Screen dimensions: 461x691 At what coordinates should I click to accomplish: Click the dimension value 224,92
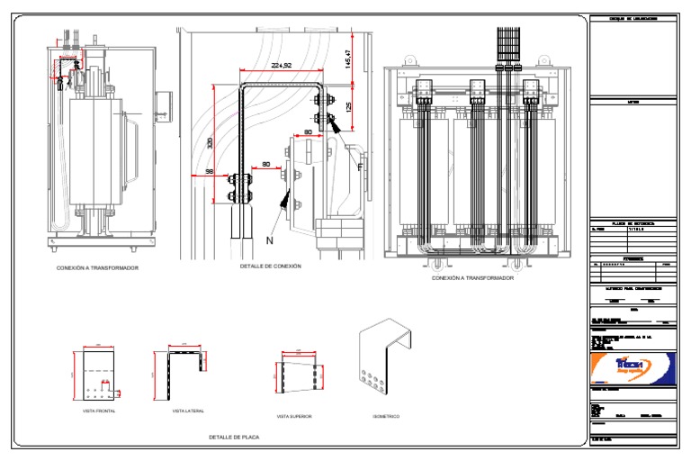(x=282, y=65)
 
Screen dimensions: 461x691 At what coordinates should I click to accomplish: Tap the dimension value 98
(x=210, y=171)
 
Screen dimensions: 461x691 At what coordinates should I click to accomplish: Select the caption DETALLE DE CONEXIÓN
(x=271, y=267)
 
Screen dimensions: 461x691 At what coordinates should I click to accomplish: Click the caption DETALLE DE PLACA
(x=234, y=437)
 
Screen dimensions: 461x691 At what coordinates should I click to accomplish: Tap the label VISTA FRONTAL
(x=99, y=411)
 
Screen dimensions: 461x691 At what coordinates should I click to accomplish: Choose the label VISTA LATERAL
(x=188, y=411)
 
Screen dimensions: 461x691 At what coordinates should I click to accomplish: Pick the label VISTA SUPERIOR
(x=294, y=416)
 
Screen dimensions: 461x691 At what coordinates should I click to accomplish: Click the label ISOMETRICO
(x=386, y=416)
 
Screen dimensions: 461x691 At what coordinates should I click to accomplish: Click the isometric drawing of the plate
(x=384, y=360)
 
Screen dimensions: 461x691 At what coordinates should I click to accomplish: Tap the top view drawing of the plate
(x=297, y=375)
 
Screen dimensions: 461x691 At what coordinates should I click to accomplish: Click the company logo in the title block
(x=629, y=367)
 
